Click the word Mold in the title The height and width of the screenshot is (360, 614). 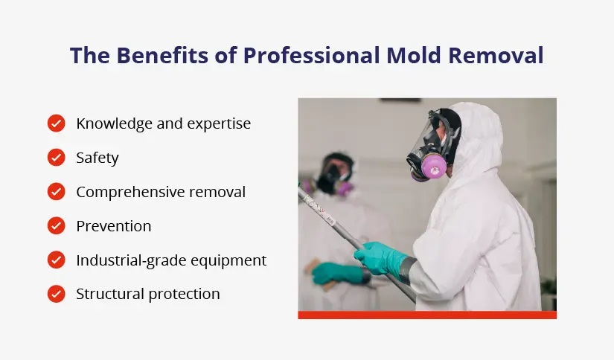419,56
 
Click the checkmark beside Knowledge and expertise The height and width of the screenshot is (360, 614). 57,123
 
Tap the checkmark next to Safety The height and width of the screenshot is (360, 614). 57,158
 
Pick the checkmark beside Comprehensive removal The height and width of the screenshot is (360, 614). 57,192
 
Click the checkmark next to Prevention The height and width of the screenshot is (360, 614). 57,226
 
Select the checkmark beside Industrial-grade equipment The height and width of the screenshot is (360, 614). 57,260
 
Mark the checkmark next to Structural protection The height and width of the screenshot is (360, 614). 57,294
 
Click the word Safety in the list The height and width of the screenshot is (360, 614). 97,158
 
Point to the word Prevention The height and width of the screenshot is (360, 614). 113,226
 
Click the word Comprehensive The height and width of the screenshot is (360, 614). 134,192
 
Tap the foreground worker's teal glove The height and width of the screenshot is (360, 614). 380,257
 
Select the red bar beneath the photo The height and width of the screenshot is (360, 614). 426,315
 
